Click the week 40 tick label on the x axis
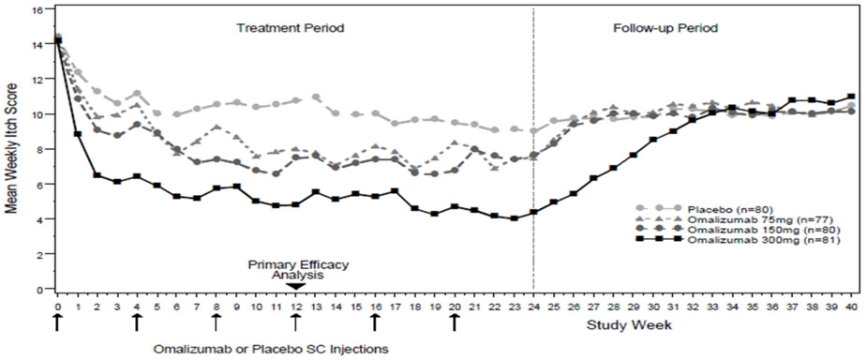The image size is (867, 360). [x=851, y=306]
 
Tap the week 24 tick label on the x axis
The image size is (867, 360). [x=533, y=306]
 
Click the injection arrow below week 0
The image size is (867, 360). [x=57, y=322]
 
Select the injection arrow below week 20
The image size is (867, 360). [x=455, y=322]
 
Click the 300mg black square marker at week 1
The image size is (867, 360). [x=77, y=134]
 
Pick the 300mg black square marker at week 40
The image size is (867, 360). [x=851, y=97]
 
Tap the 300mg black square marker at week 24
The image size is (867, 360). [x=533, y=213]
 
